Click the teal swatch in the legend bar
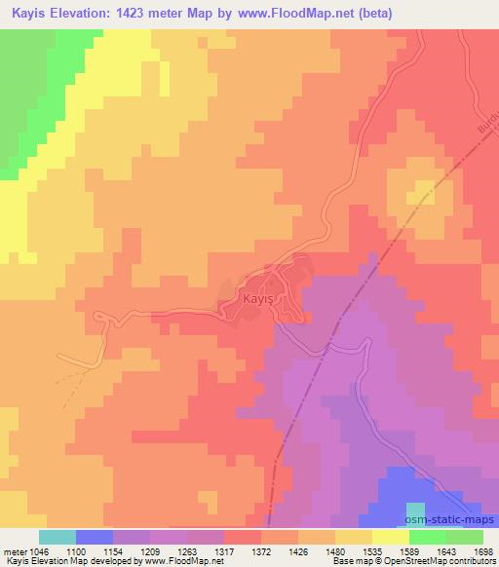[58, 537]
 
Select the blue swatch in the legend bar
[95, 537]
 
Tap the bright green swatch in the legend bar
[427, 537]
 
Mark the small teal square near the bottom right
[416, 510]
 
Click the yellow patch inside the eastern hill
[423, 192]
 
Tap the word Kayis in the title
[32, 13]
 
